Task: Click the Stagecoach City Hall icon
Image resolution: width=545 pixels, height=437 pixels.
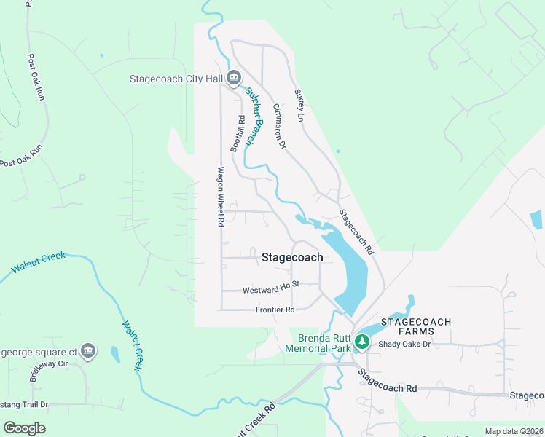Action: (234, 77)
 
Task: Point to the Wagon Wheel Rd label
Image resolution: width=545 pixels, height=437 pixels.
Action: (219, 197)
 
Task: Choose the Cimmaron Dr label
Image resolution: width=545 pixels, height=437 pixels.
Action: (279, 125)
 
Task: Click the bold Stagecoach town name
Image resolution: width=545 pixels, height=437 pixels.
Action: (291, 257)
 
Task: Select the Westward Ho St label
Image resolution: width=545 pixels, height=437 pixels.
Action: (272, 290)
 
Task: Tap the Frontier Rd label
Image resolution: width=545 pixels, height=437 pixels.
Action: (275, 310)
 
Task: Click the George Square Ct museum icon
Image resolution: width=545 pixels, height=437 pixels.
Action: (88, 350)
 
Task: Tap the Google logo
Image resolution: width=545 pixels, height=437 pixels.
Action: (24, 428)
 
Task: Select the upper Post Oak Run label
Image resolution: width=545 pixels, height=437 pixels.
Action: (36, 76)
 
